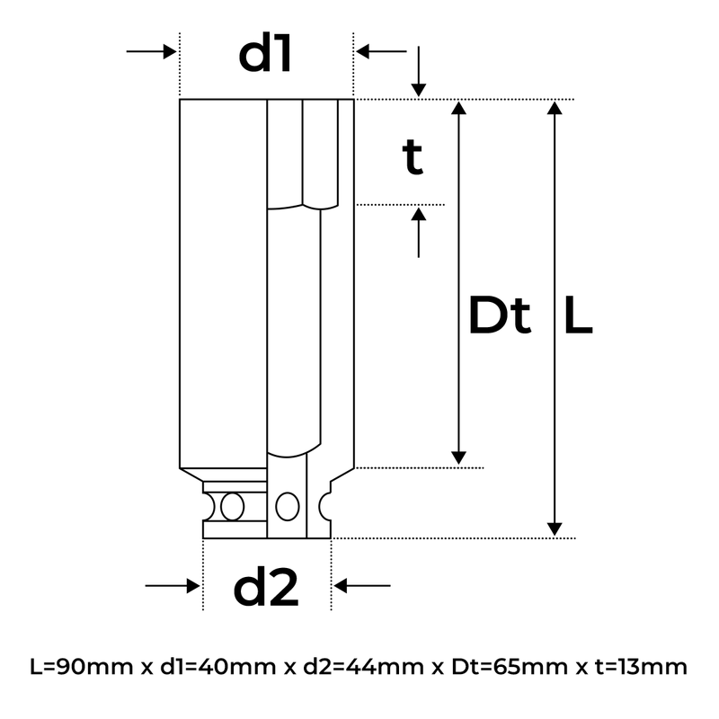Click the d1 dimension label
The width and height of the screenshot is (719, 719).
pyautogui.click(x=265, y=56)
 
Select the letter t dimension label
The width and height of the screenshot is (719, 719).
pyautogui.click(x=413, y=158)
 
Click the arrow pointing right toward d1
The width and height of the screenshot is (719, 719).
pyautogui.click(x=151, y=51)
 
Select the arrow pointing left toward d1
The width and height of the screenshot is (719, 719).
pyautogui.click(x=381, y=51)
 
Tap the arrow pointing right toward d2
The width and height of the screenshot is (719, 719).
pyautogui.click(x=172, y=586)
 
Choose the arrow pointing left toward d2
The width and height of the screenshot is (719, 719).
pyautogui.click(x=362, y=586)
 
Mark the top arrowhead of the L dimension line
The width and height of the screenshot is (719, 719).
pyautogui.click(x=555, y=107)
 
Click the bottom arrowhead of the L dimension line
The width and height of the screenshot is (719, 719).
pyautogui.click(x=555, y=528)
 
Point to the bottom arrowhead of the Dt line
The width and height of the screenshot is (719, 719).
pyautogui.click(x=459, y=457)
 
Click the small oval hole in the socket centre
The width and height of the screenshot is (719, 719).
pyautogui.click(x=288, y=506)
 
